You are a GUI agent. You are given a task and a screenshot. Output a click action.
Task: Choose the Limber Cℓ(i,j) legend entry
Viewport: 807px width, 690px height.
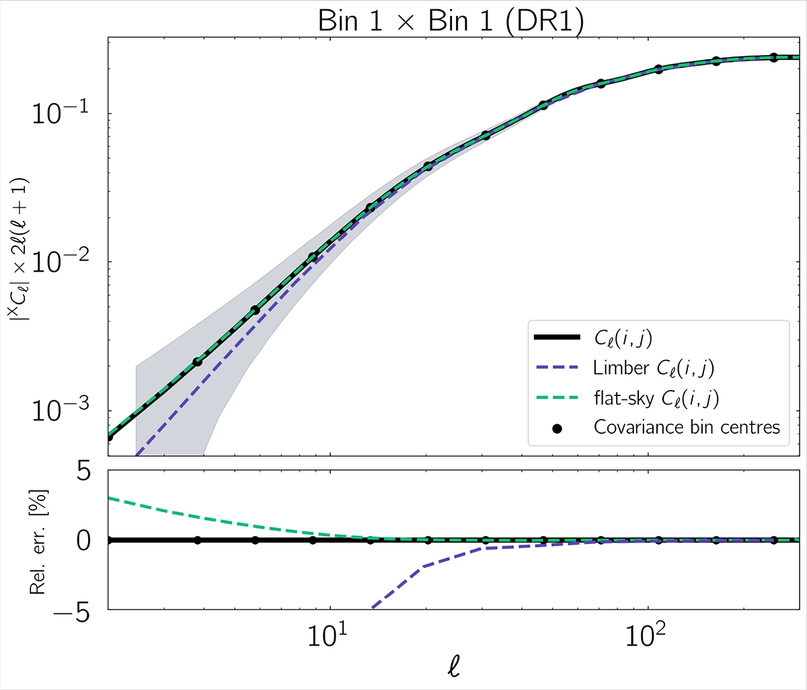656,368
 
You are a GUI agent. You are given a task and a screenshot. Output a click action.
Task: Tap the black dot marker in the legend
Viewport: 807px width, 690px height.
556,427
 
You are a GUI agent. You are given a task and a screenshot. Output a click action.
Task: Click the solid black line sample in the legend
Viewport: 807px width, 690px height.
556,338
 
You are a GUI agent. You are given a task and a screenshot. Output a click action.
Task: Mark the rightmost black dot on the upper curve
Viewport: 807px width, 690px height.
773,58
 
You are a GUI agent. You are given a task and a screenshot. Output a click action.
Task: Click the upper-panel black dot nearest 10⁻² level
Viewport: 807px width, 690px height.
313,257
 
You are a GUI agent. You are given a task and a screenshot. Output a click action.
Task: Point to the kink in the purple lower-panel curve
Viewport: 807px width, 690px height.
421,567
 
